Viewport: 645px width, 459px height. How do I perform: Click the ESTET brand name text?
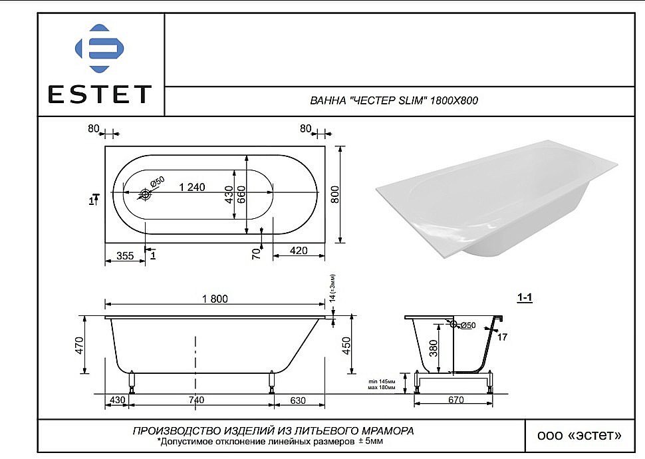pyautogui.click(x=99, y=94)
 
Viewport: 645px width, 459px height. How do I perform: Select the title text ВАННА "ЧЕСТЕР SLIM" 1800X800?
pyautogui.click(x=394, y=101)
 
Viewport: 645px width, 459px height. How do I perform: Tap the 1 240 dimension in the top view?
pyautogui.click(x=192, y=187)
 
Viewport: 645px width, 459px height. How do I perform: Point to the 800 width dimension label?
pyautogui.click(x=335, y=192)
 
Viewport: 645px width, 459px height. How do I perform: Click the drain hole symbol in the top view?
pyautogui.click(x=146, y=195)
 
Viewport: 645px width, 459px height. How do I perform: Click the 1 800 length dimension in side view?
pyautogui.click(x=215, y=299)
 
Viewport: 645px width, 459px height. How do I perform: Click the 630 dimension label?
pyautogui.click(x=298, y=400)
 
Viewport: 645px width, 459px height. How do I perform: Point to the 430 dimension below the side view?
pyautogui.click(x=117, y=400)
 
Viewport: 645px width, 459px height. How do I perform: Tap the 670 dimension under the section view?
pyautogui.click(x=455, y=400)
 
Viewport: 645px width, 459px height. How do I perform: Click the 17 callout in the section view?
pyautogui.click(x=502, y=337)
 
